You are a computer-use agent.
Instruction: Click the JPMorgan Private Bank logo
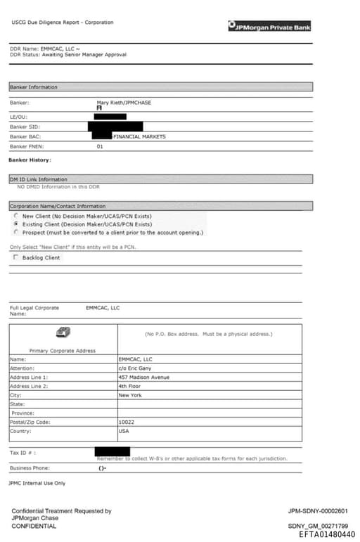pyautogui.click(x=269, y=27)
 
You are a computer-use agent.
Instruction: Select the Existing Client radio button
pyautogui.click(x=16, y=224)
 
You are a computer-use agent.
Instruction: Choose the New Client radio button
pyautogui.click(x=16, y=216)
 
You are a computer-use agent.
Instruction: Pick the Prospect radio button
pyautogui.click(x=16, y=232)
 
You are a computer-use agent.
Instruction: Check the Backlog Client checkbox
pyautogui.click(x=16, y=258)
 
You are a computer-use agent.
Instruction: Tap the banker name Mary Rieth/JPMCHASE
pyautogui.click(x=124, y=103)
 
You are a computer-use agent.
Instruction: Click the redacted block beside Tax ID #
pyautogui.click(x=112, y=451)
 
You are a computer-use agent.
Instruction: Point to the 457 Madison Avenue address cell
pyautogui.click(x=143, y=377)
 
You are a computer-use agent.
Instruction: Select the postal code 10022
pyautogui.click(x=127, y=422)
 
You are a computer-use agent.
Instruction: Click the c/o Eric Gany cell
pyautogui.click(x=135, y=368)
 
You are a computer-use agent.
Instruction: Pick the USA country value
pyautogui.click(x=124, y=431)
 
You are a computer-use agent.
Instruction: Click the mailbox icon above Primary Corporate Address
pyautogui.click(x=63, y=333)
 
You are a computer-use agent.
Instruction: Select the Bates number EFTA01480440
pyautogui.click(x=327, y=534)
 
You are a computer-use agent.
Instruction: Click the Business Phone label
pyautogui.click(x=30, y=467)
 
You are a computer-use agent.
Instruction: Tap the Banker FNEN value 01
pyautogui.click(x=100, y=146)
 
